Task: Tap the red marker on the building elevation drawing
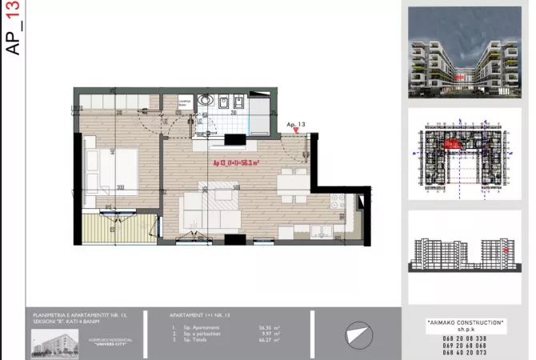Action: point(506,250)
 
